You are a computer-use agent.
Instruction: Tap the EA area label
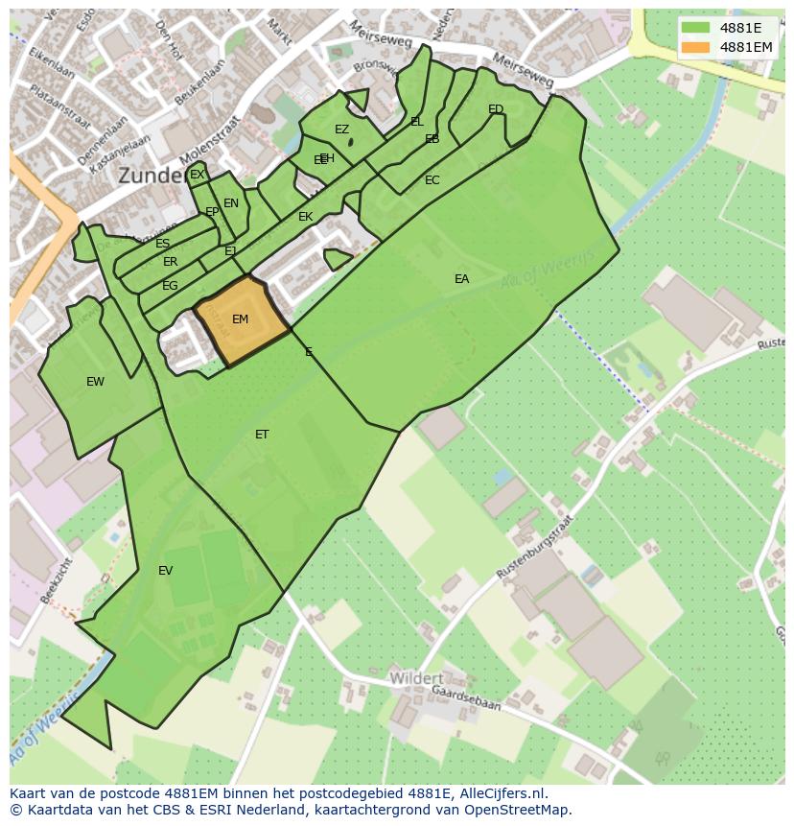click(x=461, y=279)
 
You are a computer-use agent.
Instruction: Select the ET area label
click(x=262, y=435)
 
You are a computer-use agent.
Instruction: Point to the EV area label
click(x=165, y=571)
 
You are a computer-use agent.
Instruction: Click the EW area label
click(x=95, y=382)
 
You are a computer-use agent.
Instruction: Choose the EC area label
click(x=432, y=180)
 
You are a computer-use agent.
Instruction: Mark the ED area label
click(x=496, y=109)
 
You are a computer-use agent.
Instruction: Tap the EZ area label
click(x=341, y=130)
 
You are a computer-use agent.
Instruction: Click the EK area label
click(x=305, y=217)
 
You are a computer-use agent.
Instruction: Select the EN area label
click(x=231, y=203)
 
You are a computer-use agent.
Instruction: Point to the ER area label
click(x=170, y=262)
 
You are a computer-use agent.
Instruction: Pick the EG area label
click(x=170, y=286)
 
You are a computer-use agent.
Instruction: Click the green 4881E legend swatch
click(x=695, y=28)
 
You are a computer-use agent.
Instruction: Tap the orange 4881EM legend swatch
click(x=695, y=47)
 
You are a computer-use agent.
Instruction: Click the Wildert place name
click(x=416, y=678)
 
